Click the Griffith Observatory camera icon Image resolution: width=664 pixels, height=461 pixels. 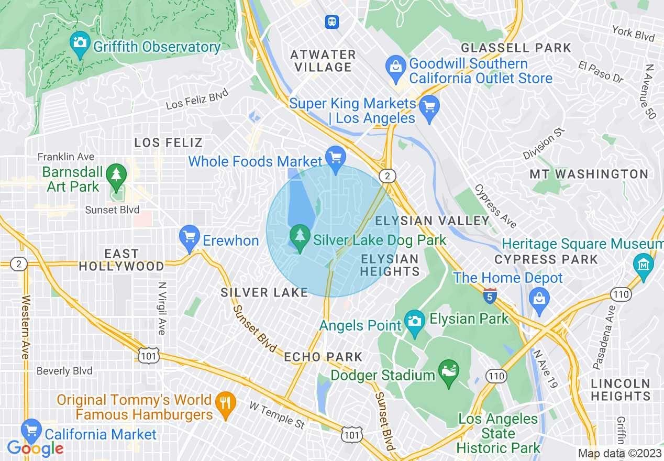(80, 41)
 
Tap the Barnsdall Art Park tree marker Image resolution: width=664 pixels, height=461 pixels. (116, 175)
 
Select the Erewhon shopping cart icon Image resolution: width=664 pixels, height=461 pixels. (189, 237)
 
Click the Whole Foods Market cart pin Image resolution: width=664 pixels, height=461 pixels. (335, 157)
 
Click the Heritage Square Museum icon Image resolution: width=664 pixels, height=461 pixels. (642, 263)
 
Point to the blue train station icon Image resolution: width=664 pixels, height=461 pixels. (331, 22)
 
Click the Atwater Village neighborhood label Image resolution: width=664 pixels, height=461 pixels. (323, 61)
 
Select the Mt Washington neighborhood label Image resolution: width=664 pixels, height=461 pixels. (589, 174)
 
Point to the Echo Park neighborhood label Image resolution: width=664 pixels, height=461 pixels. (323, 357)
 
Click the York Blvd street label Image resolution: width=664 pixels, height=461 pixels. (633, 34)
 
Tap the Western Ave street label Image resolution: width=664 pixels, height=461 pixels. (25, 327)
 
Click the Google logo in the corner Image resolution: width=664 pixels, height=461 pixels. (35, 448)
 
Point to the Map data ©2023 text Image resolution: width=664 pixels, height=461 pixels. (619, 454)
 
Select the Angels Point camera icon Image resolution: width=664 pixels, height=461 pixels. (415, 321)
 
